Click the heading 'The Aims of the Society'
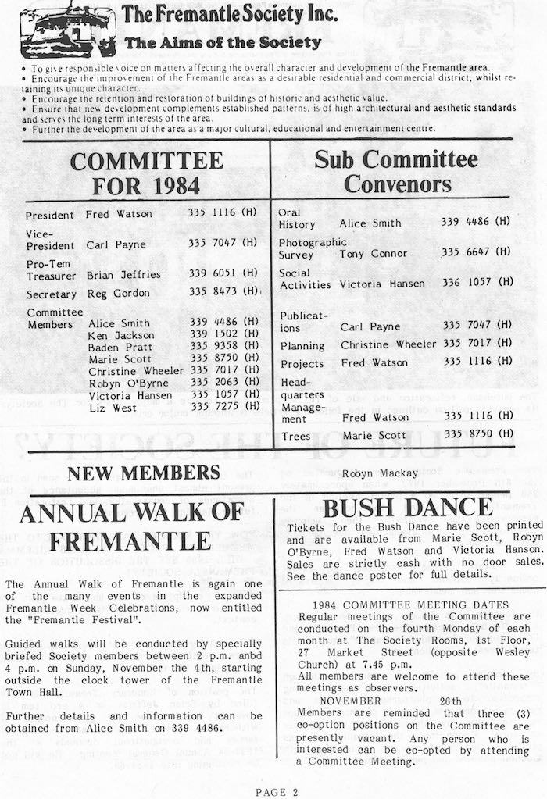223,43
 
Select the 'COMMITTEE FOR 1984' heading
147,173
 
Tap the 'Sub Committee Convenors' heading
396,171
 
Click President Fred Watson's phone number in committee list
223,214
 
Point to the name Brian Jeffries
123,275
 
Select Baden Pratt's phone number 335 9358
223,346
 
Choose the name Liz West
112,408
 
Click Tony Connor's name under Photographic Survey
374,254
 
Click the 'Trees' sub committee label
295,436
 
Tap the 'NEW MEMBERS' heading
144,473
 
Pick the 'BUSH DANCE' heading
406,508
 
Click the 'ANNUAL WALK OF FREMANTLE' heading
131,526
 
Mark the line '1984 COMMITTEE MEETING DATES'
410,605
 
